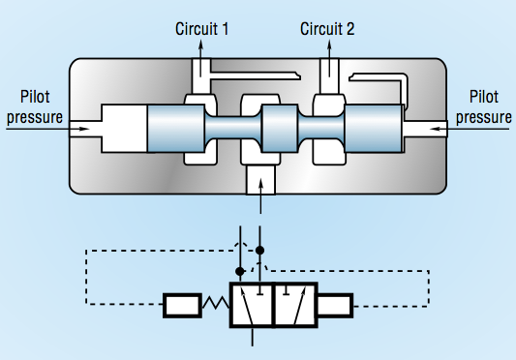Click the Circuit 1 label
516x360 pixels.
coord(202,29)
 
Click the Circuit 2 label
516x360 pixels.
coord(328,29)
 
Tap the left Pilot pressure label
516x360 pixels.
coord(33,106)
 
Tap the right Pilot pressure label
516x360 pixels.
coord(483,106)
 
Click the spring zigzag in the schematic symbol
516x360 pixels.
coord(214,307)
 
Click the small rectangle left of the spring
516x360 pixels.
coord(182,307)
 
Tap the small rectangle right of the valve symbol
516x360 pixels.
coord(334,307)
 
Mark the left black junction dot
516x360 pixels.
coord(240,273)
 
